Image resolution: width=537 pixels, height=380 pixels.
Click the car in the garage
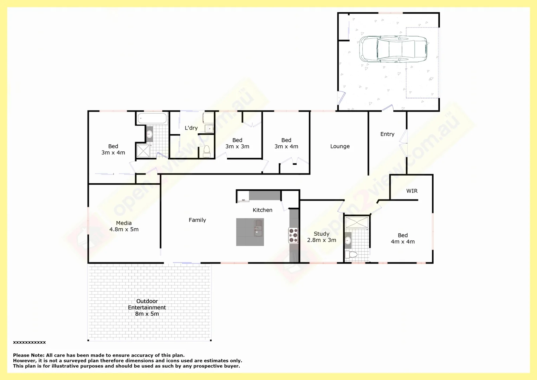click(x=393, y=49)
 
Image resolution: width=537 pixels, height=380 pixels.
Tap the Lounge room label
click(x=340, y=146)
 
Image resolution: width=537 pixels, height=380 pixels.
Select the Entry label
click(x=387, y=134)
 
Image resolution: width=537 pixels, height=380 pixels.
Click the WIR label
click(x=412, y=191)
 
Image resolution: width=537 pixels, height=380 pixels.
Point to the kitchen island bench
click(x=250, y=232)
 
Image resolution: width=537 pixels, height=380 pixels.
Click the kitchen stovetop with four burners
click(x=293, y=235)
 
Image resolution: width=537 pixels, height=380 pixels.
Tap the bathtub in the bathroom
click(x=152, y=118)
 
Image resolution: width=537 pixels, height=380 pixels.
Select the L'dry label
click(x=191, y=128)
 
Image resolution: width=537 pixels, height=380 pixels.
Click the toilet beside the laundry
click(x=207, y=152)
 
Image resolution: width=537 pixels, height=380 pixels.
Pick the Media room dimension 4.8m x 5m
click(x=124, y=229)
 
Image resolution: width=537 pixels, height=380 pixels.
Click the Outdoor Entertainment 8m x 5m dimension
click(x=147, y=314)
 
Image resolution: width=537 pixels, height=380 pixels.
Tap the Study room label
click(x=322, y=234)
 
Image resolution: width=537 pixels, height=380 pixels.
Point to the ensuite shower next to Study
click(x=357, y=222)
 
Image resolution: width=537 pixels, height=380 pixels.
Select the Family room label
click(x=197, y=220)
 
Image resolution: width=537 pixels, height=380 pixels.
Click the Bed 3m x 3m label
click(x=237, y=143)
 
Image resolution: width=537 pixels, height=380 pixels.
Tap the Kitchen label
click(x=263, y=210)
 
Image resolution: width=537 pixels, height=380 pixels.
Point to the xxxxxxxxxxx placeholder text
click(x=30, y=342)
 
